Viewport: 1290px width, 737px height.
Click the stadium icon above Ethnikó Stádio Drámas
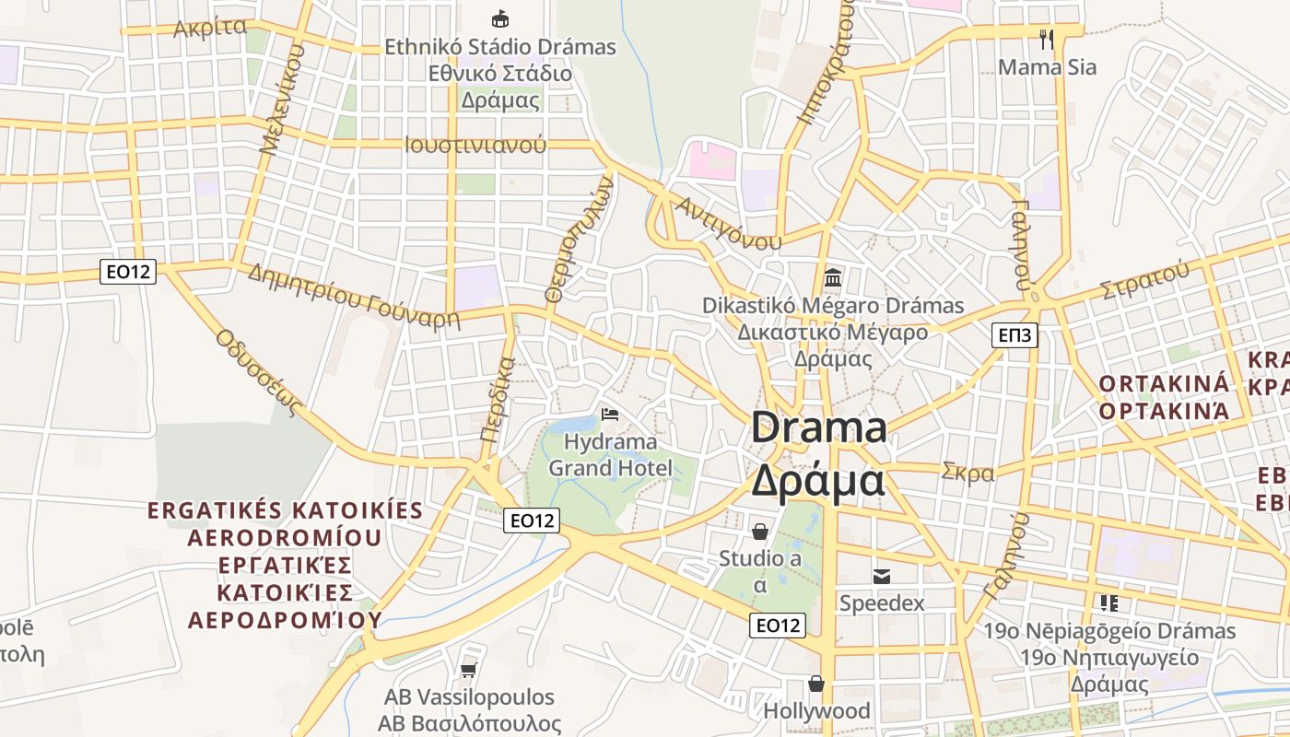(x=500, y=18)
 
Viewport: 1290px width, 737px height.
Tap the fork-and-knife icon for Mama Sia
(x=1046, y=39)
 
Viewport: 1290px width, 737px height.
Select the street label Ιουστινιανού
(x=475, y=145)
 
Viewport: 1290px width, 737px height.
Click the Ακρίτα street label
(x=210, y=27)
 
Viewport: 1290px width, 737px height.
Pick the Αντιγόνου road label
(x=728, y=222)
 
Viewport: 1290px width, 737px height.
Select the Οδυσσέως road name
(x=260, y=372)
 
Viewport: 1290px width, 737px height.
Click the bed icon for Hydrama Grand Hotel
(x=609, y=415)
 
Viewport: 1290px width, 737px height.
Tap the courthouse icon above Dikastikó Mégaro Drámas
(x=833, y=276)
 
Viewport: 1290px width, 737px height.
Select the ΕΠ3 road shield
(x=1015, y=335)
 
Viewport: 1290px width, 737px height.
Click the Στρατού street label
(x=1144, y=281)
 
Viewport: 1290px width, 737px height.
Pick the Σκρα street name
(x=967, y=474)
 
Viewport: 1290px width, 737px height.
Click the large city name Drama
(x=819, y=428)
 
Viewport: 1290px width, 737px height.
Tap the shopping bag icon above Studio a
(x=760, y=532)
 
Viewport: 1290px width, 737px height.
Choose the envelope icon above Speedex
(x=882, y=577)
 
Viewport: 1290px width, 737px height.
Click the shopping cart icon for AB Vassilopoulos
(x=469, y=670)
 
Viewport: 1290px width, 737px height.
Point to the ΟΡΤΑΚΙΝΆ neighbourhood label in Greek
(x=1164, y=411)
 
